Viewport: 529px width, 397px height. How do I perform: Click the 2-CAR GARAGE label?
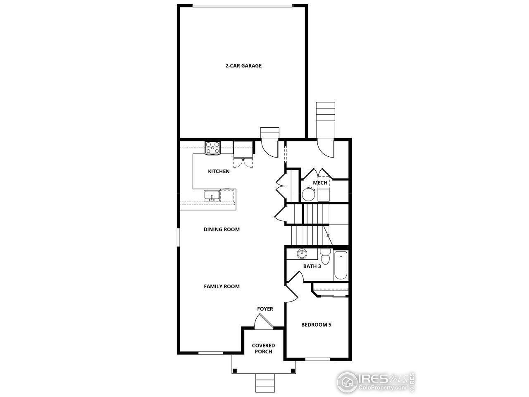pyautogui.click(x=243, y=65)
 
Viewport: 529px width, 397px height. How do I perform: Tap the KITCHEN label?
pyautogui.click(x=219, y=171)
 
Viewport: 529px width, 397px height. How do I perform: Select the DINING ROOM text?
pyautogui.click(x=222, y=229)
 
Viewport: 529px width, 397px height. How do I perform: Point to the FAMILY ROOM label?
pyautogui.click(x=222, y=286)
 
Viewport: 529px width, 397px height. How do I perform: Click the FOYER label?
pyautogui.click(x=265, y=309)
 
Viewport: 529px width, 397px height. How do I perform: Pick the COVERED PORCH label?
pyautogui.click(x=263, y=349)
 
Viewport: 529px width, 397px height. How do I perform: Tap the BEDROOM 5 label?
pyautogui.click(x=316, y=325)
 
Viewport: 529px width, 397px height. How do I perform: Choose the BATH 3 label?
pyautogui.click(x=312, y=266)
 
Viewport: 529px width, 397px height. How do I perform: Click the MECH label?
pyautogui.click(x=320, y=183)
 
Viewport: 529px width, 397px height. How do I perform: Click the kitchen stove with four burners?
pyautogui.click(x=213, y=147)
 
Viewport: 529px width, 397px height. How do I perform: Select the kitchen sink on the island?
pyautogui.click(x=212, y=195)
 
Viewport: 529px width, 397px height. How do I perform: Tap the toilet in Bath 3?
pyautogui.click(x=325, y=257)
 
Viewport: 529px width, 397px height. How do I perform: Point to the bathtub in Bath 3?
pyautogui.click(x=341, y=265)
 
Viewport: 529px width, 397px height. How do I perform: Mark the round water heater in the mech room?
pyautogui.click(x=308, y=194)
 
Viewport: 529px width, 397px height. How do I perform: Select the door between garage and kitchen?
pyautogui.click(x=271, y=148)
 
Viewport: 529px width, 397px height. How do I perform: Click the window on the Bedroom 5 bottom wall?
pyautogui.click(x=317, y=358)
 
